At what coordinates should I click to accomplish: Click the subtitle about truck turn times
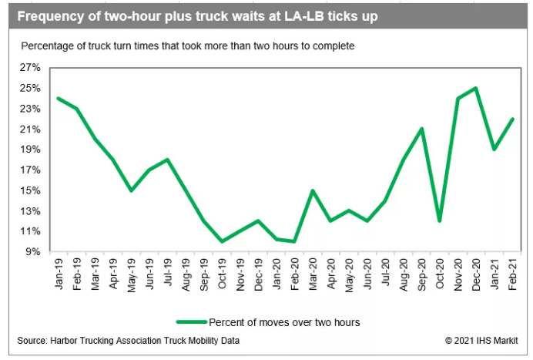[x=188, y=46]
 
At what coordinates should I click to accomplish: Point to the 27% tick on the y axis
[x=31, y=68]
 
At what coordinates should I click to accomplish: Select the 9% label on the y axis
[x=34, y=252]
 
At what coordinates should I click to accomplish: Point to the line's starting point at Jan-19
[x=59, y=98]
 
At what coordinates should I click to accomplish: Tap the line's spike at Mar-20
[x=313, y=190]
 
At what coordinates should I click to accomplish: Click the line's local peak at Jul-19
[x=168, y=160]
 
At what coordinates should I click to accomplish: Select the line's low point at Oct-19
[x=222, y=241]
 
